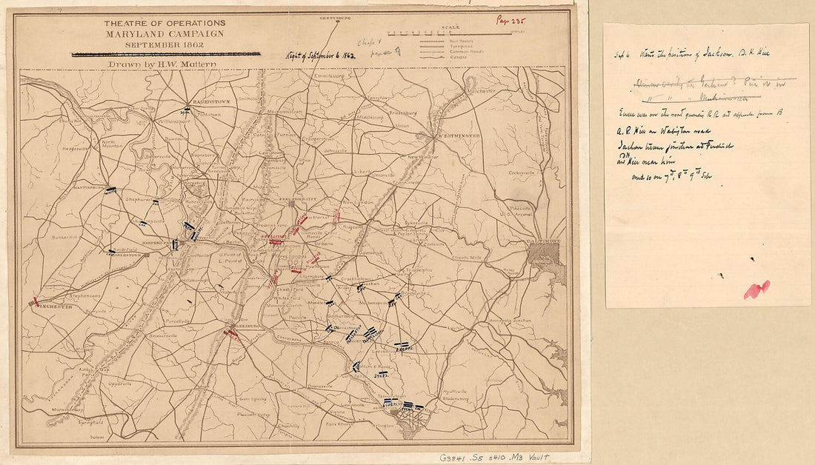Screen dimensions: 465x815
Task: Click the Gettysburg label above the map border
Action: coord(334,17)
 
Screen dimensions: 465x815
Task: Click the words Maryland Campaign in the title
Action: coord(164,35)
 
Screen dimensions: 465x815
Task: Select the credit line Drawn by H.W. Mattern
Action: coord(157,64)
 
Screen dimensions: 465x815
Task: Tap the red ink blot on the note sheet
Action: coord(756,290)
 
